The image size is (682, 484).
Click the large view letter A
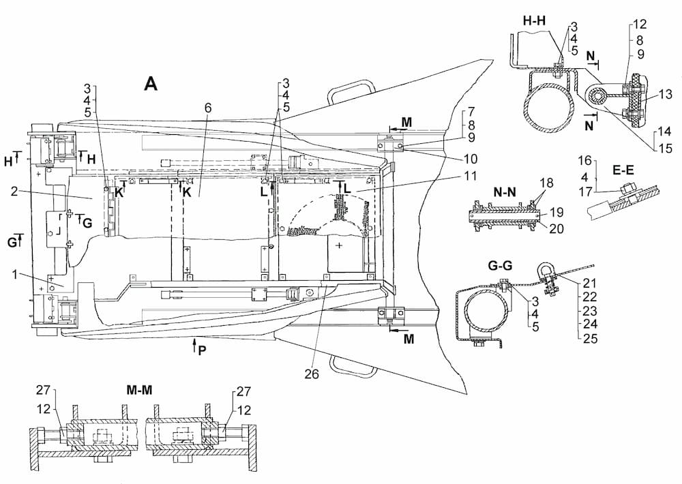pos(151,83)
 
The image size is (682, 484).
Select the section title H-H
pos(534,20)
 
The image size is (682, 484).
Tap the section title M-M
pos(139,390)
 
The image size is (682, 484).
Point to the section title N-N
pos(505,192)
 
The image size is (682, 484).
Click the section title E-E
pos(623,170)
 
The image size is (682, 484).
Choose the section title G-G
pos(500,265)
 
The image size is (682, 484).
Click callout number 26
pos(312,374)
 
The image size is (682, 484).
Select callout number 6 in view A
pos(208,108)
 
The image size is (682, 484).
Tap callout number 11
pos(470,176)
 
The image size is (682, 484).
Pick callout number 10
pos(470,159)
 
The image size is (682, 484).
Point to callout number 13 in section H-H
pos(666,94)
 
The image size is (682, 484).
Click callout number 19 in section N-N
pos(557,212)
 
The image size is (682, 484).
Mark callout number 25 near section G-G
pos(590,338)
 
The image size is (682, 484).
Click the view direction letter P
pos(202,350)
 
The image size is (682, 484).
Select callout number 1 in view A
pos(15,275)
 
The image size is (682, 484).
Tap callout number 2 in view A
pos(15,191)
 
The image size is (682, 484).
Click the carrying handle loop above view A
pos(351,91)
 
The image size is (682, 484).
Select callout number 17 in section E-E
pos(585,191)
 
